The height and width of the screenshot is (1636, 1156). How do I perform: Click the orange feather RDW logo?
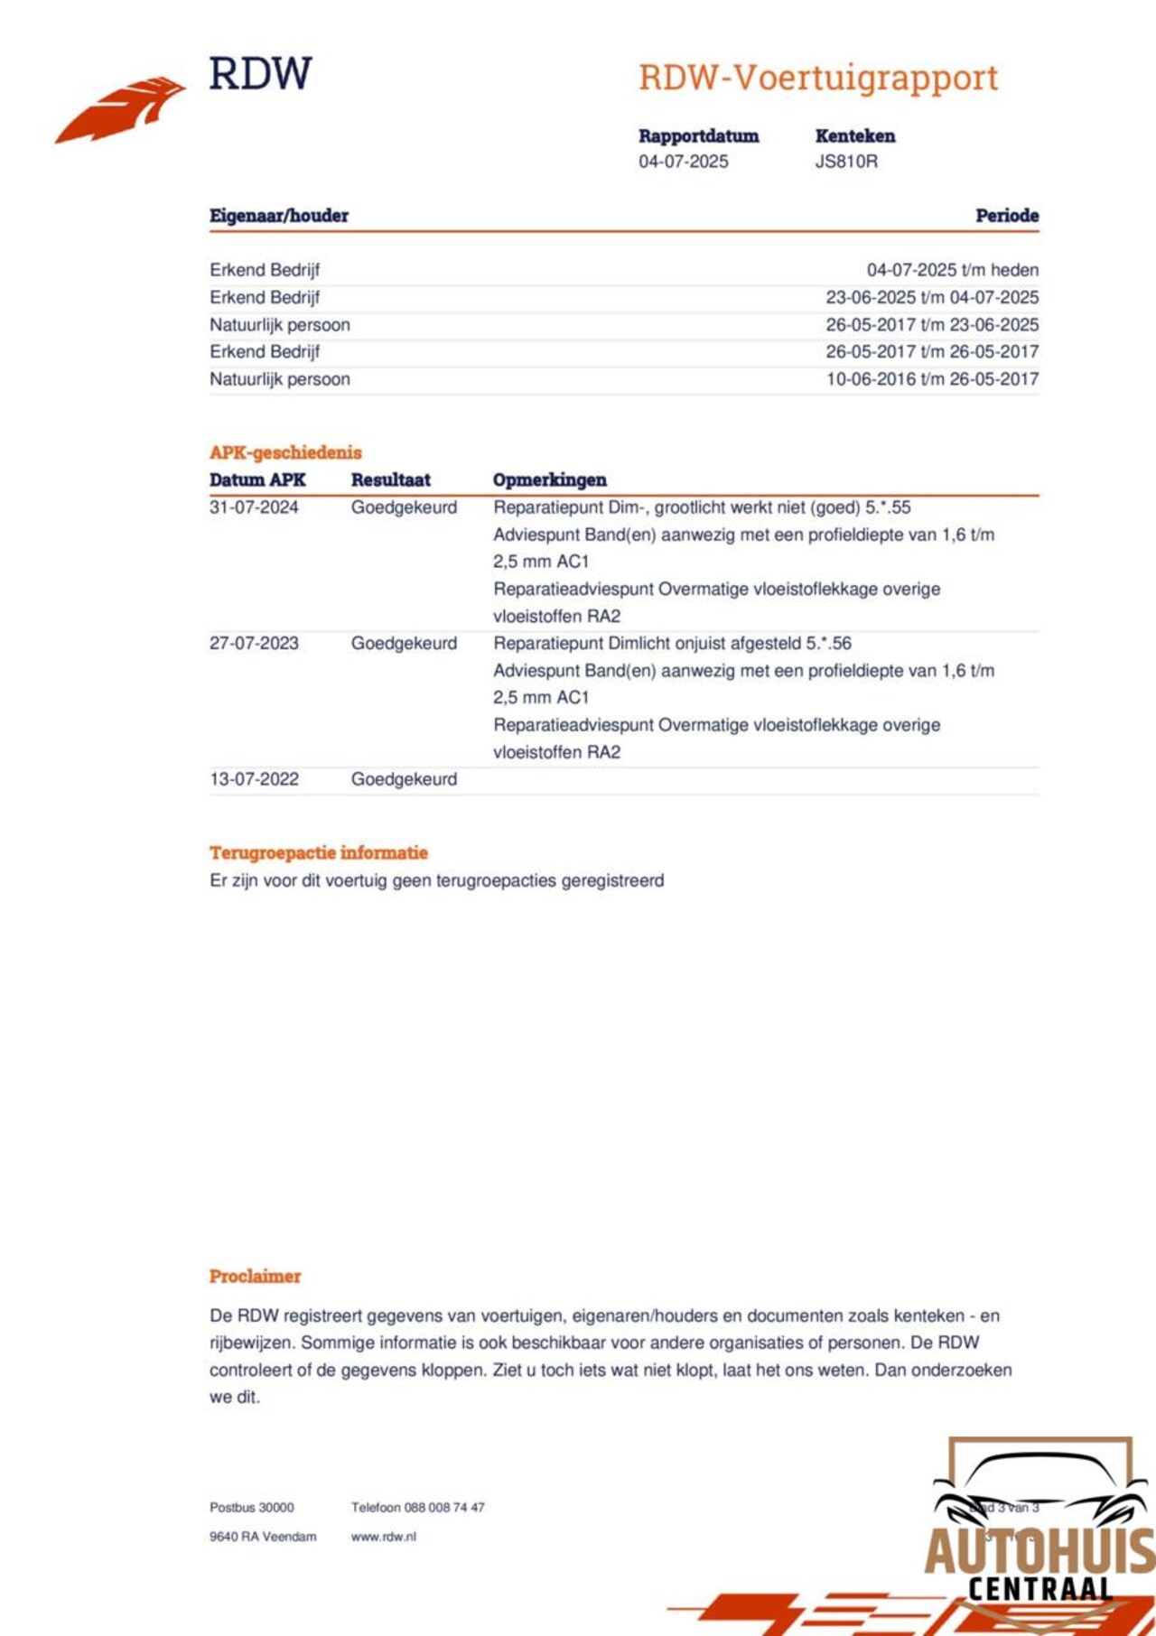pos(121,109)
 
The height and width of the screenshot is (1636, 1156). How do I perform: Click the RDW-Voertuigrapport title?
pos(817,79)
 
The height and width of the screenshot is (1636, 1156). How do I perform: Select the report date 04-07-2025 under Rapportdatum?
pos(683,162)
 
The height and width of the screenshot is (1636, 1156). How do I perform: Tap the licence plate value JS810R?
pos(846,162)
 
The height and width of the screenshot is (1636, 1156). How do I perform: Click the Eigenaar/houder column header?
pos(279,216)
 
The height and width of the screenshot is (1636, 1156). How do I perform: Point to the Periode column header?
pos(1006,216)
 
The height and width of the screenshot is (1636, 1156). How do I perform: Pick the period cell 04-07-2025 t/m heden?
pos(952,270)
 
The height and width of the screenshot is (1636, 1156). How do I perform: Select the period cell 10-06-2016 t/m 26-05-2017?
pos(932,379)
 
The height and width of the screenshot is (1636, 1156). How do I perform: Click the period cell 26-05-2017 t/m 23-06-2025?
pos(932,325)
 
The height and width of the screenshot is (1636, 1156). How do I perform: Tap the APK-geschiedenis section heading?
pos(285,452)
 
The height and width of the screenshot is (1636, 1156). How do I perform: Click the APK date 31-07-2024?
pos(254,507)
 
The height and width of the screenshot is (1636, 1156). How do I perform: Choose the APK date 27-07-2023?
pos(254,644)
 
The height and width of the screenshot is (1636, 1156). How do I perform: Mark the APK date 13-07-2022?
pos(254,779)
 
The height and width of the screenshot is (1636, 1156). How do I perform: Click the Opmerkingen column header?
pos(549,480)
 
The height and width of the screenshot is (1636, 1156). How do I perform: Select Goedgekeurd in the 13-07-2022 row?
pos(404,779)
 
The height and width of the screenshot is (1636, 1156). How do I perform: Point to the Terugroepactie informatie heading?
pos(319,853)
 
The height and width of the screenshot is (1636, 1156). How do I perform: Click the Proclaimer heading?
pos(255,1277)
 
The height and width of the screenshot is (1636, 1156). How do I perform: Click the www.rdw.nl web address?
pos(384,1537)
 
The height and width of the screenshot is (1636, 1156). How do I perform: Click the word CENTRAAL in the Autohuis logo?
pos(1039,1589)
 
